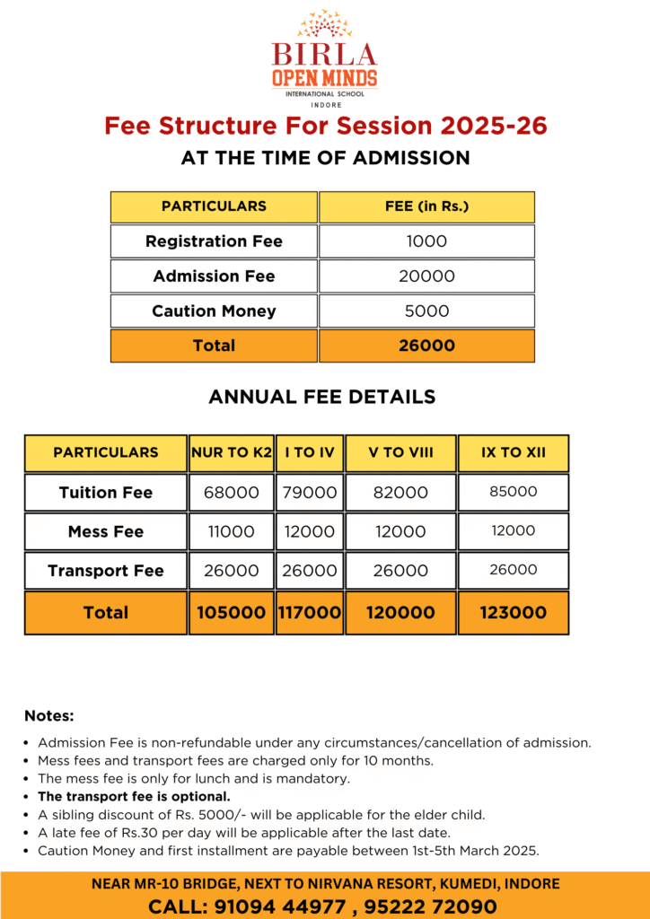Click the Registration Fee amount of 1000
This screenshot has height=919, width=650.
pos(426,241)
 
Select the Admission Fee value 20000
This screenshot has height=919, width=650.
pos(426,276)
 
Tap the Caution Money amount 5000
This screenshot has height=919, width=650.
pos(426,311)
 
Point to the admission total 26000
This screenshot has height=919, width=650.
pos(426,346)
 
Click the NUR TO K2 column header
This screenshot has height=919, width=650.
pos(232,452)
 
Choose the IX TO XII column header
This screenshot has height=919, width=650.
pos(513,452)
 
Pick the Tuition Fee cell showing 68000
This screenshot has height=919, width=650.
pos(232,493)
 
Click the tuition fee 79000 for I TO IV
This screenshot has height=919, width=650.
pos(310,493)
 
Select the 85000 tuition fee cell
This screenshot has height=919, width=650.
pos(513,492)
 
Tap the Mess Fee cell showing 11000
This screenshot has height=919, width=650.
pos(232,531)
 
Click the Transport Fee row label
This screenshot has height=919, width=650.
pos(106,571)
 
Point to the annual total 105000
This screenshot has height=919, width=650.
pos(232,613)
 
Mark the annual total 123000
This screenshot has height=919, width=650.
pos(513,613)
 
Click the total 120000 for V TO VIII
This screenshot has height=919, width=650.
pos(400,613)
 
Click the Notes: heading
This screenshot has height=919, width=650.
pos(49,716)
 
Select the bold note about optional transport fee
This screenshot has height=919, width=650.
pos(134,796)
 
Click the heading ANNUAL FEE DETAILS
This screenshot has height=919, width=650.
pos(322,396)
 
